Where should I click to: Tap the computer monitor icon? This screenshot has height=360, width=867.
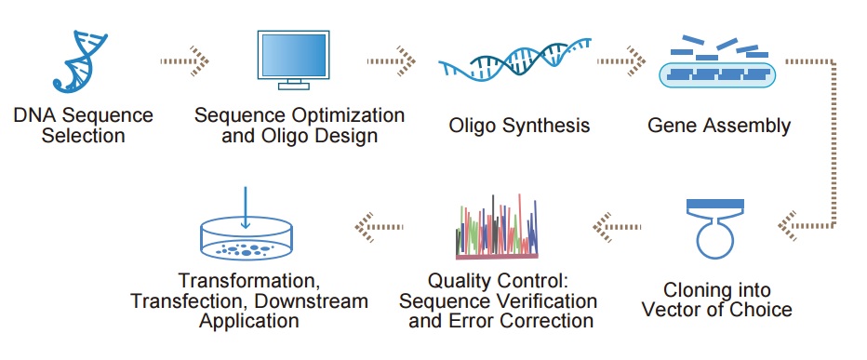coord(293,60)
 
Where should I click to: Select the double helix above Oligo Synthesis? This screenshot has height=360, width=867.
coord(515,60)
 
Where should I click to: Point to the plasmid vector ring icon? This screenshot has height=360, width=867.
coord(715,239)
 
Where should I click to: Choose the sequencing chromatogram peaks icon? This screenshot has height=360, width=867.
coord(497,227)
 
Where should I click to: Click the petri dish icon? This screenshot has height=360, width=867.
coord(246,239)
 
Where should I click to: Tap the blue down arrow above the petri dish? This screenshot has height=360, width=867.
coord(246,207)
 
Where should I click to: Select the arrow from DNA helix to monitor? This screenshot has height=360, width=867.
coord(185,60)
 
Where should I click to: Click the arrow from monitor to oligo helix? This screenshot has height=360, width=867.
coord(392,60)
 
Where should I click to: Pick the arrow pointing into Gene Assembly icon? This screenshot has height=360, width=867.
coord(621,60)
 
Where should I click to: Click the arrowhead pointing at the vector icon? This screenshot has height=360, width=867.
coord(787,226)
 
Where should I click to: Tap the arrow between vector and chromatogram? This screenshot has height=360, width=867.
coord(617,227)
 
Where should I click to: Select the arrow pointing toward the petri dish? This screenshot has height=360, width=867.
coord(379,227)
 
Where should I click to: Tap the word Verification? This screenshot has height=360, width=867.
coord(546,302)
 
